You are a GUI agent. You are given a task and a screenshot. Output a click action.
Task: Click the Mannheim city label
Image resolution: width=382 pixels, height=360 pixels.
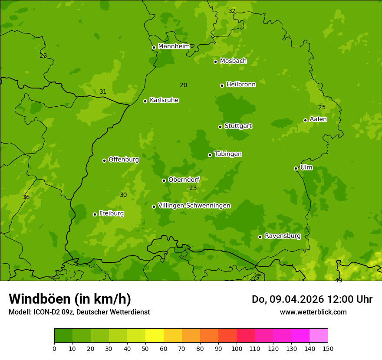tap(174, 46)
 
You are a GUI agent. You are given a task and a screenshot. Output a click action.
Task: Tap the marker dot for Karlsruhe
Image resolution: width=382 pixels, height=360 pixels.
tap(145, 101)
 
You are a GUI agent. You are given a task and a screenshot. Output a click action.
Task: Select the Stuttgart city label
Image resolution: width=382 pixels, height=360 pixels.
tap(238, 126)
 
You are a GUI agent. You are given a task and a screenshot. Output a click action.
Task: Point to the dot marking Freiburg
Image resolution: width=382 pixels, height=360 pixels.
tap(95, 214)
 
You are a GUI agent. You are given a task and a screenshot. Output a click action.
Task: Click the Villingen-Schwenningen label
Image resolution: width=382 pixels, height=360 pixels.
tap(194, 206)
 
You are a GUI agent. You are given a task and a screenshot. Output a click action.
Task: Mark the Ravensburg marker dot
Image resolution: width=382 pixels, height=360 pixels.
tap(260, 237)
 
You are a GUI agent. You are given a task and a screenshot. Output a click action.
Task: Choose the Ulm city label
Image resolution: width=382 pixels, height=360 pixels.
tap(306, 167)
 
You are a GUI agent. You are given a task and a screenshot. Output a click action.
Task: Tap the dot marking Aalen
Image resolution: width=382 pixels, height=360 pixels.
tap(305, 120)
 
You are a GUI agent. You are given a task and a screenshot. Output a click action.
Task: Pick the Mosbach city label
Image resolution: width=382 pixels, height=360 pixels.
tap(233, 61)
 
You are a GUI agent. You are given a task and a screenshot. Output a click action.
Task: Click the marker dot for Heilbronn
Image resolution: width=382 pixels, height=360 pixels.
tap(222, 85)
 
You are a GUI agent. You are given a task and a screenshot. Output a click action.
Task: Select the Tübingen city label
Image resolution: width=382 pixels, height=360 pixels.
tap(228, 154)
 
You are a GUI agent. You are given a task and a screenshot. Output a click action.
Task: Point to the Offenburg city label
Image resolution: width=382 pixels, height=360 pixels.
tap(124, 160)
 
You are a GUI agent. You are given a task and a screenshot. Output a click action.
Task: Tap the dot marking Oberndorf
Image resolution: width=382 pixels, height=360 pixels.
tap(164, 180)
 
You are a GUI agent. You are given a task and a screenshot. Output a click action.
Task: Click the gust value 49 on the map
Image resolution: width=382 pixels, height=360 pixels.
tap(339, 280)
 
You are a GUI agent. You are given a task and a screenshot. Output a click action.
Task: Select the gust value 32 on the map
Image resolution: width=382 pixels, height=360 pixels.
tap(232, 11)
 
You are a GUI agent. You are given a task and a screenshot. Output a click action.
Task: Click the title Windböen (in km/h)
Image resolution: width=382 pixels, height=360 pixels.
tap(70, 299)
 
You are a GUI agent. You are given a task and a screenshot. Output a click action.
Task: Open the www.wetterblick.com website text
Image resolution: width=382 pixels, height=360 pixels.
tap(313, 312)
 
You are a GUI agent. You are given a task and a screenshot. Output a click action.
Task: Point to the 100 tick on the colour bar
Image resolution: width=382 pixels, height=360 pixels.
tap(237, 348)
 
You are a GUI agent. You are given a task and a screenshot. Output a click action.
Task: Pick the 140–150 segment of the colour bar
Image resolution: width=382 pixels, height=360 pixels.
tap(319, 336)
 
